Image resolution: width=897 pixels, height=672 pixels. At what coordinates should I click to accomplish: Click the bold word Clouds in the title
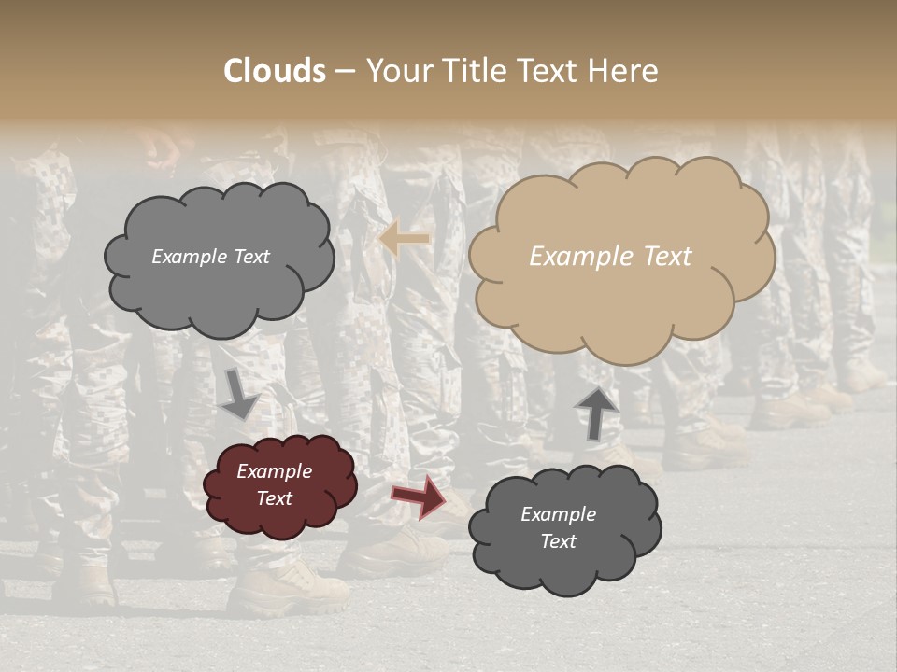tap(275, 71)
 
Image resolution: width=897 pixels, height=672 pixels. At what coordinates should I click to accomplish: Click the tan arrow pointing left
tap(405, 239)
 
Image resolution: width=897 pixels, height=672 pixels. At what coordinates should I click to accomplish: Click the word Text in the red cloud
tap(275, 498)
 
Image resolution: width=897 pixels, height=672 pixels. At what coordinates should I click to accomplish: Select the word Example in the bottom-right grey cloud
tap(558, 514)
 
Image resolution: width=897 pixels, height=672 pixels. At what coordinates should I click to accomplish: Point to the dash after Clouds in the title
tap(345, 71)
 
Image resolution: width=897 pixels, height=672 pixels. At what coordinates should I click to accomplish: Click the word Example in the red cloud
tap(275, 471)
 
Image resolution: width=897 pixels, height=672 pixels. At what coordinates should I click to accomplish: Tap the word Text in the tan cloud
tap(667, 257)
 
